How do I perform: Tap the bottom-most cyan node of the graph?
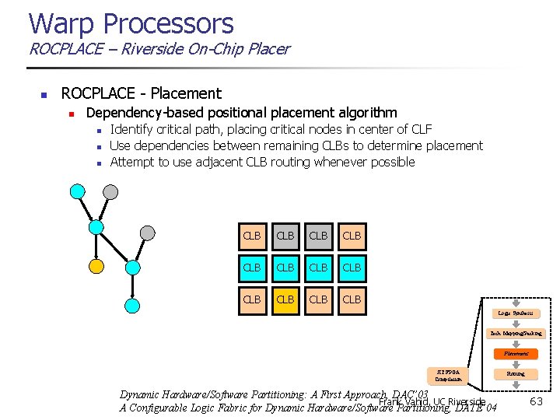[x=133, y=305]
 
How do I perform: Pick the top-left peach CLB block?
[x=252, y=236]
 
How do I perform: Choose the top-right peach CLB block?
[x=352, y=236]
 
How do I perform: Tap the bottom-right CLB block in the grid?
[x=352, y=299]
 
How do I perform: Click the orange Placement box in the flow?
[x=516, y=353]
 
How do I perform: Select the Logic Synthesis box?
[x=516, y=313]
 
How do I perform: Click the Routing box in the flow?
[x=516, y=373]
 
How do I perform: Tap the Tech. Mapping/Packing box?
[x=516, y=333]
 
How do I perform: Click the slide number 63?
[x=536, y=401]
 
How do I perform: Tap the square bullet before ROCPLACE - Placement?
[x=44, y=95]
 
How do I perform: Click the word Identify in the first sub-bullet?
[x=133, y=129]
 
